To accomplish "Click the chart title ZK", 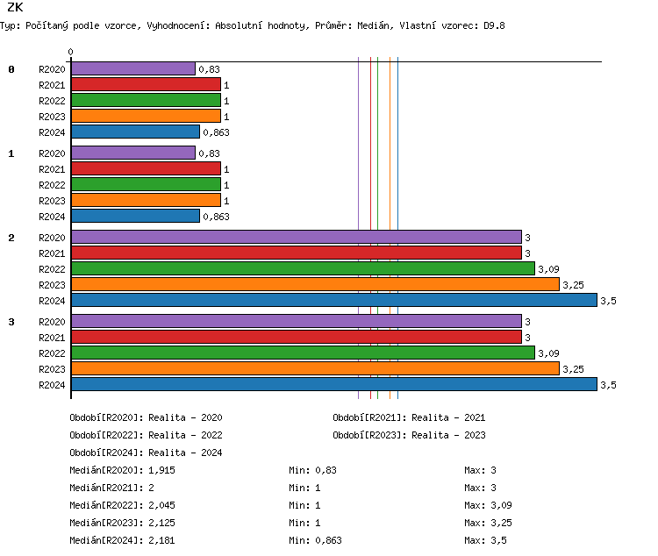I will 15,8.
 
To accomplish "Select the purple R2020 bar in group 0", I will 132,68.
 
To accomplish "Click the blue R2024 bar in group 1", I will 135,216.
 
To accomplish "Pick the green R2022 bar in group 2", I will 303,268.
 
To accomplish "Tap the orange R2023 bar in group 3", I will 314,368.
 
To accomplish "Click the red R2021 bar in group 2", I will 296,253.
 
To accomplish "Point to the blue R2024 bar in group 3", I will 333,384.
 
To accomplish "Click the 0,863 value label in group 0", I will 216,132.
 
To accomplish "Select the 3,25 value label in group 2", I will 573,285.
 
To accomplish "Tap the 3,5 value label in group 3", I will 609,385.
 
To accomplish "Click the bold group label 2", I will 11,238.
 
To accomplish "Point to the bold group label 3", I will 11,322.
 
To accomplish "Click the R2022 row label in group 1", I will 52,185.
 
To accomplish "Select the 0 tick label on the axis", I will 71,53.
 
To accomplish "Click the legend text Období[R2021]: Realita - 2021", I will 409,417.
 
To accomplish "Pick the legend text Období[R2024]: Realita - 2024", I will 146,453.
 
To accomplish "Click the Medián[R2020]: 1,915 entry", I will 123,470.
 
